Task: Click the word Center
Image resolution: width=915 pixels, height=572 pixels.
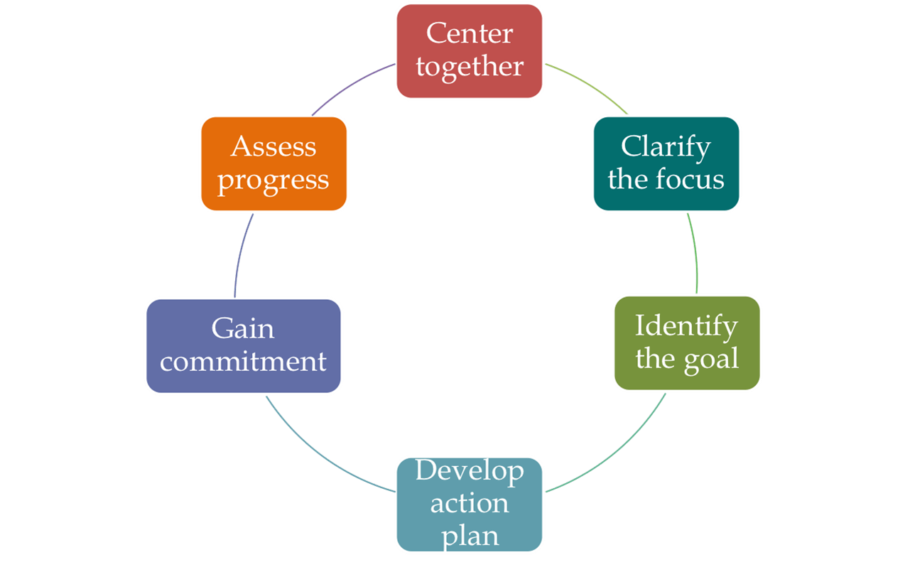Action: [x=470, y=33]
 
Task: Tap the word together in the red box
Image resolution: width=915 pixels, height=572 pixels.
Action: [x=470, y=66]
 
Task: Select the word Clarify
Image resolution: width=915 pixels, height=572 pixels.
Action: [x=666, y=147]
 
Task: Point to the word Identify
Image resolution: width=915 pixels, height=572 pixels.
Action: [x=686, y=326]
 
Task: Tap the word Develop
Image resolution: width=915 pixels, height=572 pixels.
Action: [x=470, y=471]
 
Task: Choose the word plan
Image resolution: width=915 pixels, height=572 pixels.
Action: [x=470, y=535]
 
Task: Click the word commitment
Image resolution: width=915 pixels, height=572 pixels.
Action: [x=243, y=361]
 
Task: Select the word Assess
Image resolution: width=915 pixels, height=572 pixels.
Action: [x=274, y=146]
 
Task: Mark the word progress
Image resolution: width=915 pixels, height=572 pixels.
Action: [x=274, y=179]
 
